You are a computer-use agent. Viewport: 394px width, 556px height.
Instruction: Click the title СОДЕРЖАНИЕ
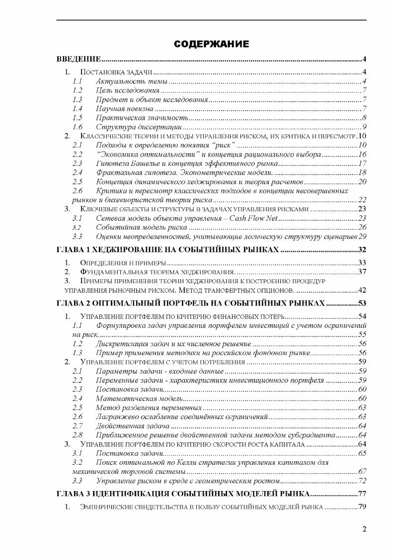point(211,45)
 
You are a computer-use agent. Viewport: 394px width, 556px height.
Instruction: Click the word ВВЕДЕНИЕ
point(79,60)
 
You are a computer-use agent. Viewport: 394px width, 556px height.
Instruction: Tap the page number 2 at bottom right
point(364,529)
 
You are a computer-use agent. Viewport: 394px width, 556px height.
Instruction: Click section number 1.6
point(77,126)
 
